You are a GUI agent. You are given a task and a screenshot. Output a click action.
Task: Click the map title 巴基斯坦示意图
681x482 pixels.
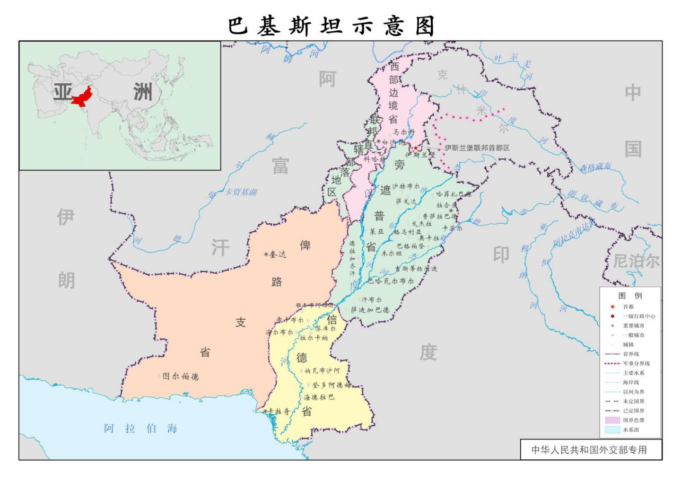(332, 26)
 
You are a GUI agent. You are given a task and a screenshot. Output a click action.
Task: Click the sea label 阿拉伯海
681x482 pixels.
(141, 429)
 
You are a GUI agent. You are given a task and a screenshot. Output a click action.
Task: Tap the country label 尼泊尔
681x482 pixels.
(636, 261)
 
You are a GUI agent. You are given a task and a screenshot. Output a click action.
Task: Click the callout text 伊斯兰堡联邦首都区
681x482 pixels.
(477, 148)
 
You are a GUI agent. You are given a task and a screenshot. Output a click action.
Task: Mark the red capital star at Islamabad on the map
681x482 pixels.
(416, 148)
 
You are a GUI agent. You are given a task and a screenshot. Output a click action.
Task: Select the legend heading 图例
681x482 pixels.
(630, 296)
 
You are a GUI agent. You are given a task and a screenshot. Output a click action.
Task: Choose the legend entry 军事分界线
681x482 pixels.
(636, 363)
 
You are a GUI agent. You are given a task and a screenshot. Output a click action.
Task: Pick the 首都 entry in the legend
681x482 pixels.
(628, 307)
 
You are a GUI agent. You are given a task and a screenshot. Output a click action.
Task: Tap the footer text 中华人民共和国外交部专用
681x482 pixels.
(589, 449)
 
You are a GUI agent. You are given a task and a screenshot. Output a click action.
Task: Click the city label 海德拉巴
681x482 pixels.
(319, 397)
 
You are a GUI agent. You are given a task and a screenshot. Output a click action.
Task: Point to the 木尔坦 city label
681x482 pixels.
(392, 253)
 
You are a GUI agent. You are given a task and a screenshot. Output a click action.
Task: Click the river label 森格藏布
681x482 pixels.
(595, 167)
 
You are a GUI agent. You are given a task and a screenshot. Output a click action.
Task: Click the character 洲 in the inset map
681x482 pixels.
(142, 92)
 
